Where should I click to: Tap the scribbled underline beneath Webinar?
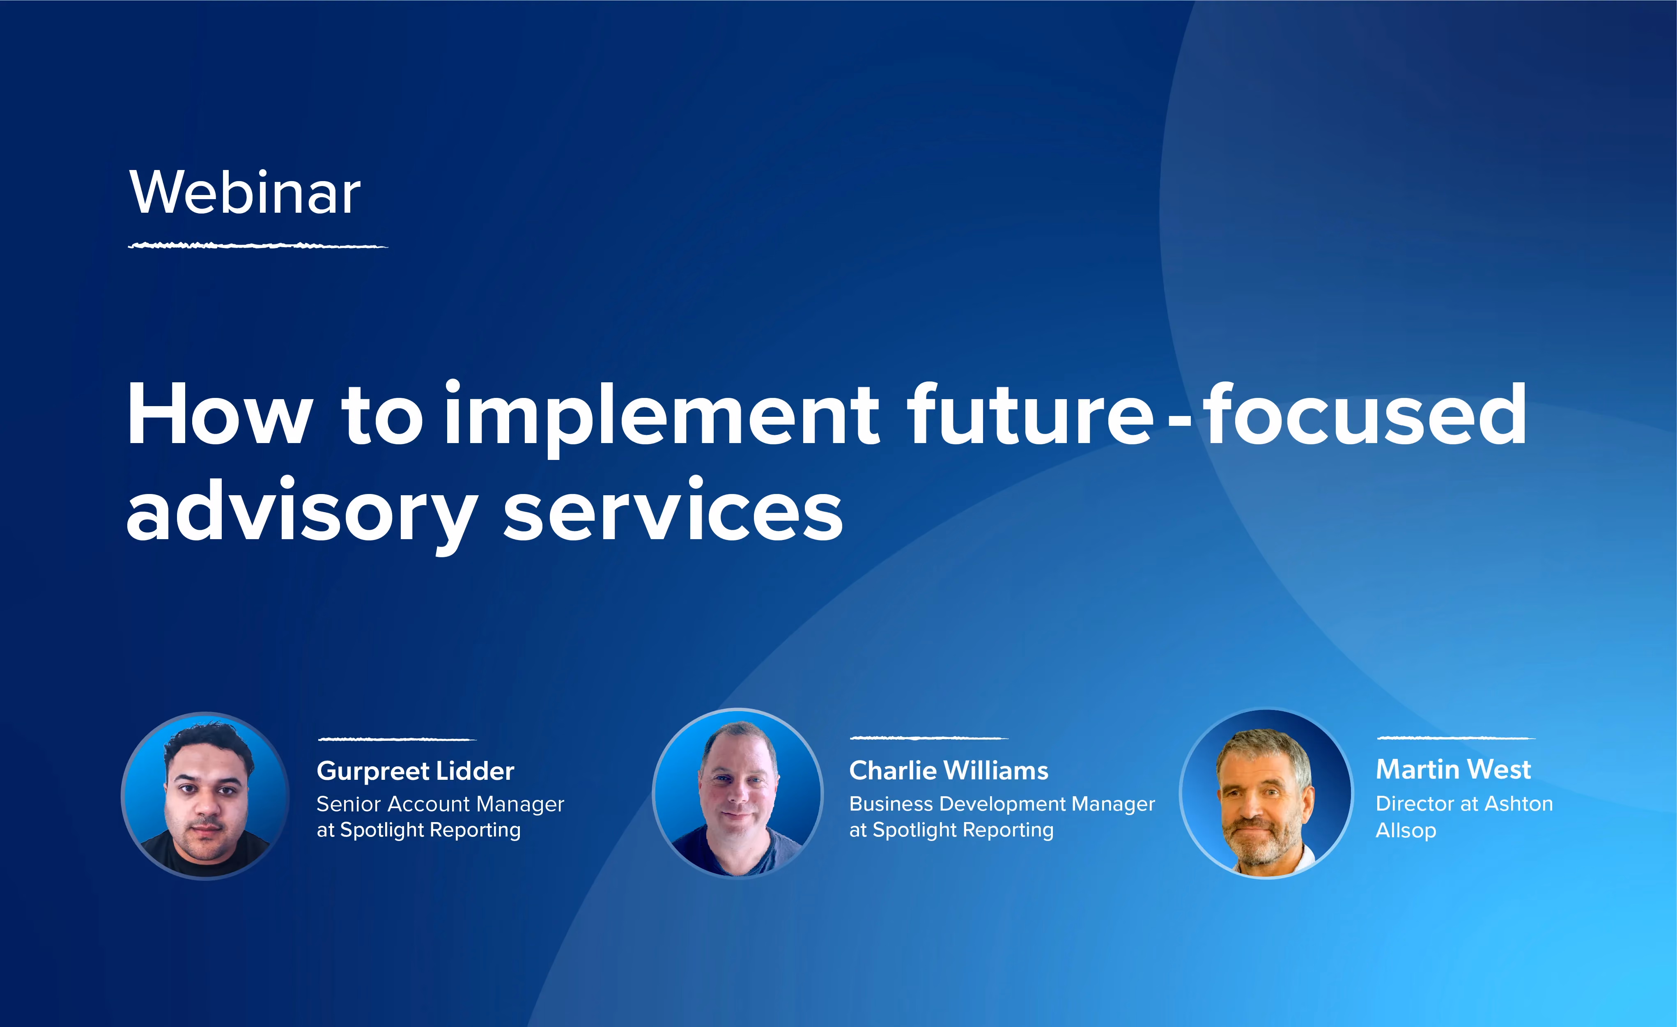258,245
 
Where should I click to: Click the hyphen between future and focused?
1179,423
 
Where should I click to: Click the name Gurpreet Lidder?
415,771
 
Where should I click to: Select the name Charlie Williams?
949,770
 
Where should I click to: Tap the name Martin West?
1453,769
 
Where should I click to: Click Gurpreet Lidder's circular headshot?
206,795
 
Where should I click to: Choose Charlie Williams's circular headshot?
738,794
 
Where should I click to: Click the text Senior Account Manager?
440,804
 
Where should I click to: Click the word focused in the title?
1365,414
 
